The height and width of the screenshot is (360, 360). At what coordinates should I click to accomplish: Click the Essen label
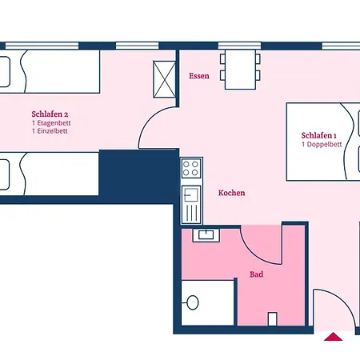(x=199, y=76)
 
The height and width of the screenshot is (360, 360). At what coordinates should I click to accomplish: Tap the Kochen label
(x=231, y=193)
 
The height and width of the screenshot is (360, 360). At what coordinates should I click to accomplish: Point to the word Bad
(x=256, y=274)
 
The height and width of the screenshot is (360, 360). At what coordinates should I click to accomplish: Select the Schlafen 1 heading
(x=318, y=135)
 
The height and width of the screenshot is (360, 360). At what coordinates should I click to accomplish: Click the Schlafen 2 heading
(x=50, y=114)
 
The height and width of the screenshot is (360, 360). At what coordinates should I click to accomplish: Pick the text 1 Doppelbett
(x=322, y=145)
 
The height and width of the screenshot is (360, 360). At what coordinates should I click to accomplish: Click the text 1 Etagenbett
(x=51, y=123)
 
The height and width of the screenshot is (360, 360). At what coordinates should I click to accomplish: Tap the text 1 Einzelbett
(x=50, y=131)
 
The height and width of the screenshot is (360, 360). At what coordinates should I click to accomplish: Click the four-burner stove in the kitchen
(x=191, y=168)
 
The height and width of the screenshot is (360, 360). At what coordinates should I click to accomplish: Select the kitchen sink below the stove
(x=191, y=204)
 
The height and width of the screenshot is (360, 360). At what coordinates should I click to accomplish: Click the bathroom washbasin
(x=206, y=235)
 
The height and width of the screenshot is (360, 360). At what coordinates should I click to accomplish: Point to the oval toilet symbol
(x=192, y=302)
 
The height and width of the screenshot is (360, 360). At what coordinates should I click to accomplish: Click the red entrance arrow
(x=333, y=337)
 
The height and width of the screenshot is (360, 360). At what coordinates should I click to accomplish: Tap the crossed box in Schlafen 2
(x=165, y=79)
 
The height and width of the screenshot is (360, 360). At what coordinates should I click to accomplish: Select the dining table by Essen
(x=240, y=70)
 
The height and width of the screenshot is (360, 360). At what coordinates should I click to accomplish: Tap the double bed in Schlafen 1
(x=323, y=142)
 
